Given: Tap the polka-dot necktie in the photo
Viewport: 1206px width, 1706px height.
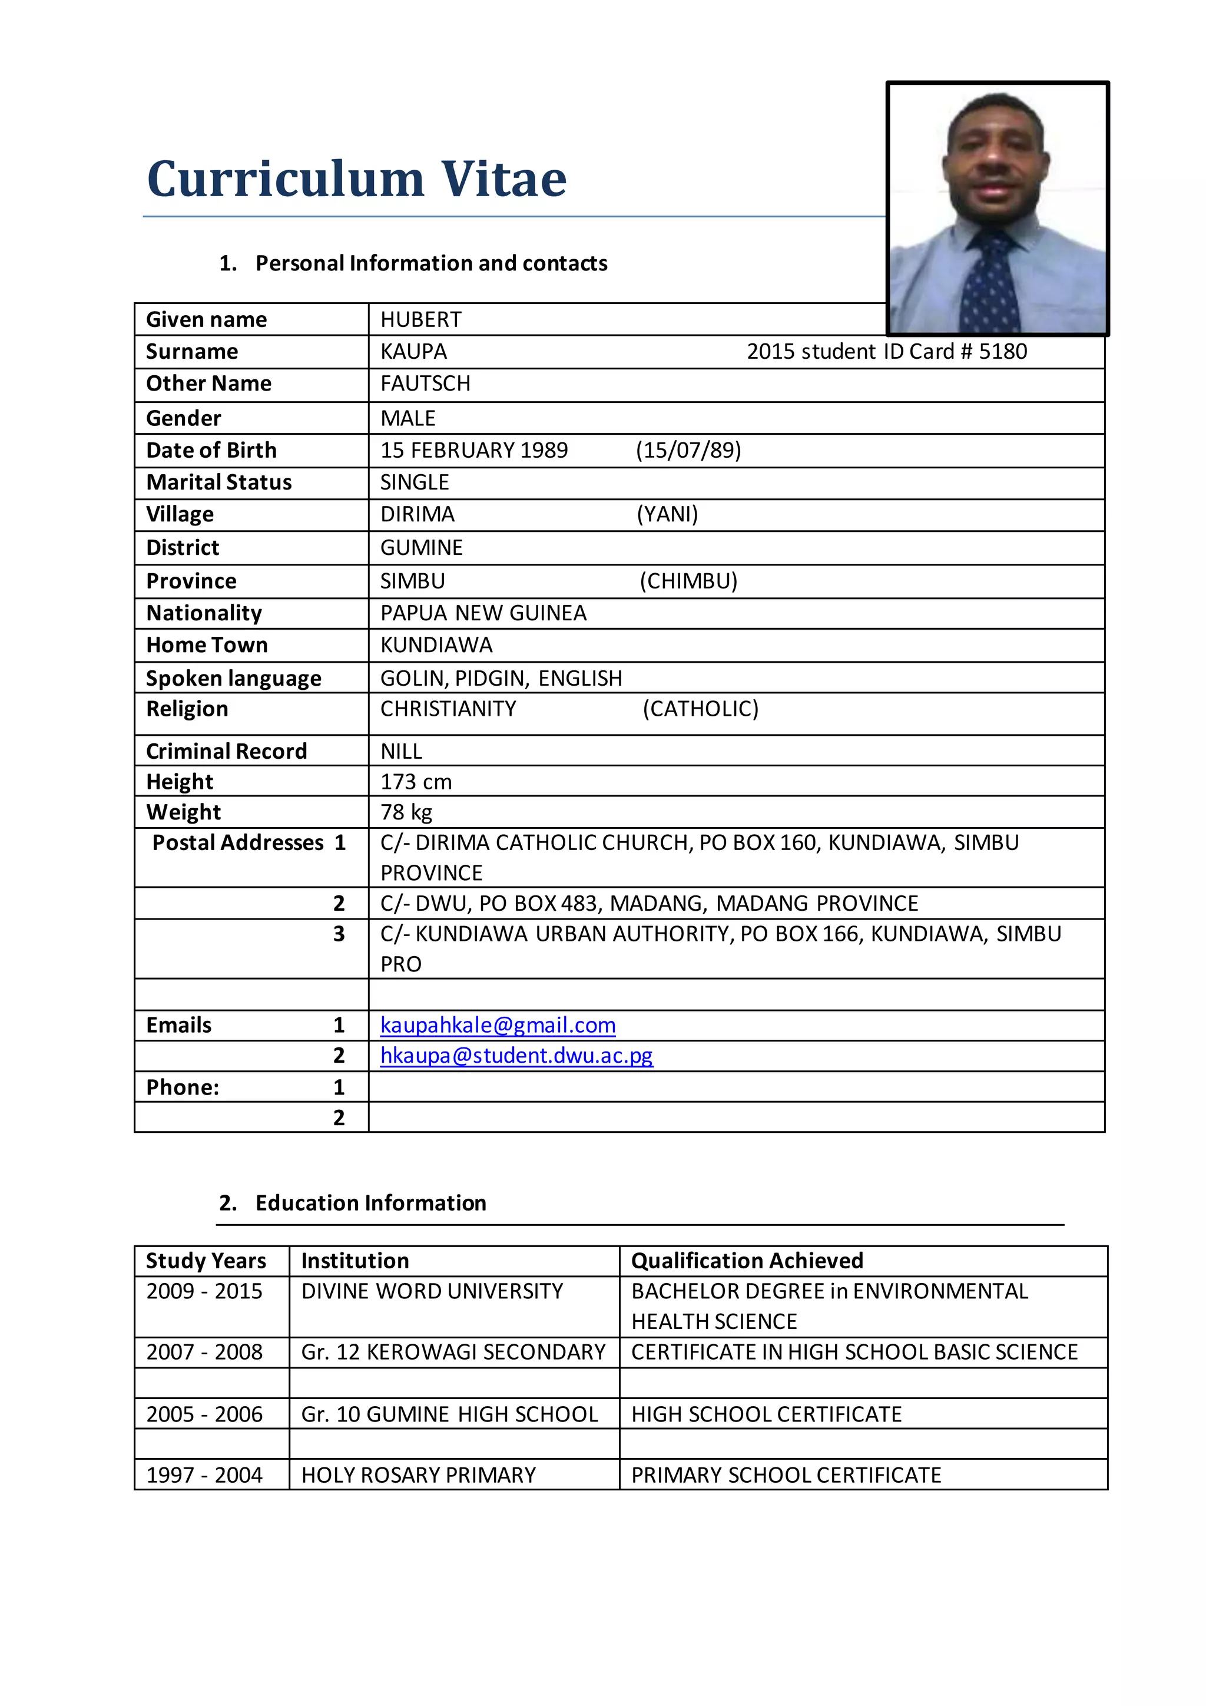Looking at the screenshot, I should tap(990, 286).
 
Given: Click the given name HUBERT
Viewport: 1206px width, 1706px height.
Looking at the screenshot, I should tap(420, 319).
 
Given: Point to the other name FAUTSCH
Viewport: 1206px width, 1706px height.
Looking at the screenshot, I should tap(426, 383).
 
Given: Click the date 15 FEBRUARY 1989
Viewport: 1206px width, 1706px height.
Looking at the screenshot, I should tap(474, 450).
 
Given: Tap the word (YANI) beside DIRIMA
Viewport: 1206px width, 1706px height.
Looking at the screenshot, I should tap(667, 514).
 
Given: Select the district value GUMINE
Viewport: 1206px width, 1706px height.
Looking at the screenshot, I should tap(421, 548).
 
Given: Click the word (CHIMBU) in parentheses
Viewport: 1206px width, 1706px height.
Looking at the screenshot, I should tap(688, 581).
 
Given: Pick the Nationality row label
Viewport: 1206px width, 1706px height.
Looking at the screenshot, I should tap(204, 613).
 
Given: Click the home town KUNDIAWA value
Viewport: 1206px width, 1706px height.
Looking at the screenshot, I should tap(436, 645).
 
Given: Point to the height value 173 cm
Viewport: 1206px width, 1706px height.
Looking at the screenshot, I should tap(416, 782).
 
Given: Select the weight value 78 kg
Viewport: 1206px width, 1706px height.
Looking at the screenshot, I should tap(406, 812).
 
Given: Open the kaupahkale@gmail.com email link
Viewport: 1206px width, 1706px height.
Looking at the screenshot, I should tap(498, 1026).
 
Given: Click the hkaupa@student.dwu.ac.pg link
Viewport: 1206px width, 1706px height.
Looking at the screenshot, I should tap(516, 1056).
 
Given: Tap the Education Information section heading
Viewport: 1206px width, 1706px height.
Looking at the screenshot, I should tap(370, 1203).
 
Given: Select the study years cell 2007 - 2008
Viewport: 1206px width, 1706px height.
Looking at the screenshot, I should tap(204, 1351).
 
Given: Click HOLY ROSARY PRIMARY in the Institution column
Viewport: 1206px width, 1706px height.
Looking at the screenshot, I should tap(418, 1475).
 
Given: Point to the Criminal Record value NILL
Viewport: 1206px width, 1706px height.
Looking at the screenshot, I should tap(401, 751).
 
